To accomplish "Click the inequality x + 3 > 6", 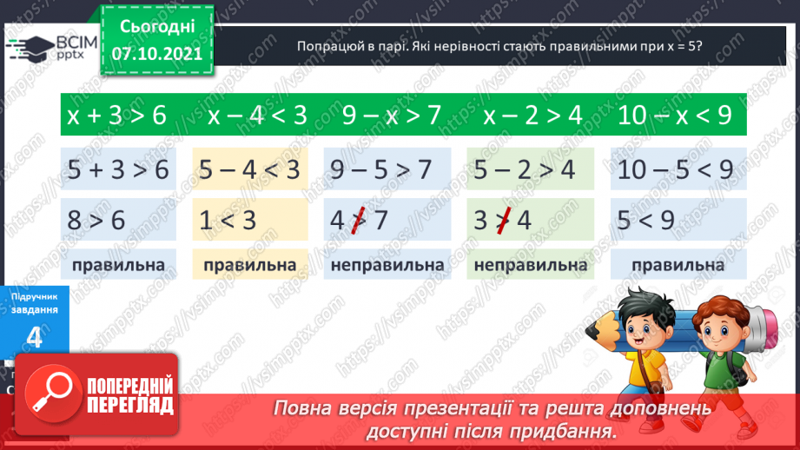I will point(116,116).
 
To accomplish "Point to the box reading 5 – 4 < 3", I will point(250,169).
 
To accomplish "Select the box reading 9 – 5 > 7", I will point(387,169).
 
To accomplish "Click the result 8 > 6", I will point(96,220).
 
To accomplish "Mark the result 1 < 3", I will point(227,220).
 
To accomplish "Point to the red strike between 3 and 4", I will point(501,220).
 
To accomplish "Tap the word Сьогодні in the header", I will point(157,26).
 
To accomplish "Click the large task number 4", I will point(35,338).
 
